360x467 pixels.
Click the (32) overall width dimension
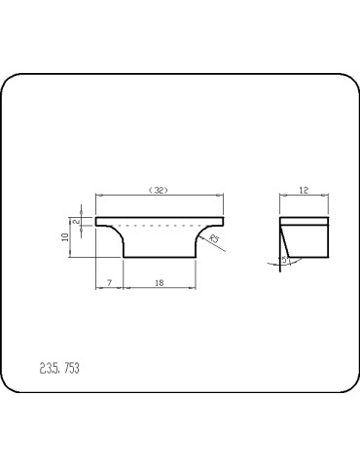pyautogui.click(x=159, y=191)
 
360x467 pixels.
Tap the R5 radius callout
pyautogui.click(x=214, y=237)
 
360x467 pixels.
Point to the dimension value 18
pyautogui.click(x=159, y=282)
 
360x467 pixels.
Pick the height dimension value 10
pyautogui.click(x=64, y=236)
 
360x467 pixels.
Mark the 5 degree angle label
pyautogui.click(x=283, y=260)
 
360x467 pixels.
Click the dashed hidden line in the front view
pyautogui.click(x=161, y=226)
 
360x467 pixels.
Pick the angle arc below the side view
pyautogui.click(x=272, y=263)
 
